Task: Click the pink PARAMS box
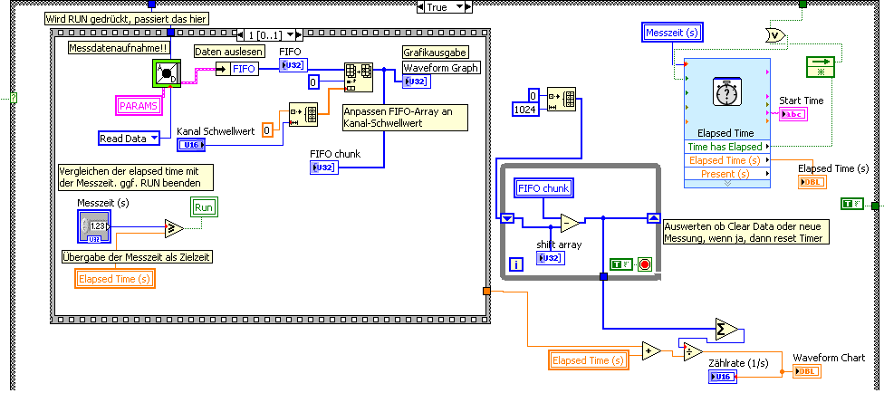(139, 106)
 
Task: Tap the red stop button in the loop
(644, 264)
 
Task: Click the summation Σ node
(726, 328)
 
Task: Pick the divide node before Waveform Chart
(691, 351)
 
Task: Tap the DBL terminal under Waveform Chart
(806, 370)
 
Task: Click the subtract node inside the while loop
(570, 222)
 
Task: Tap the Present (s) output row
(725, 173)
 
